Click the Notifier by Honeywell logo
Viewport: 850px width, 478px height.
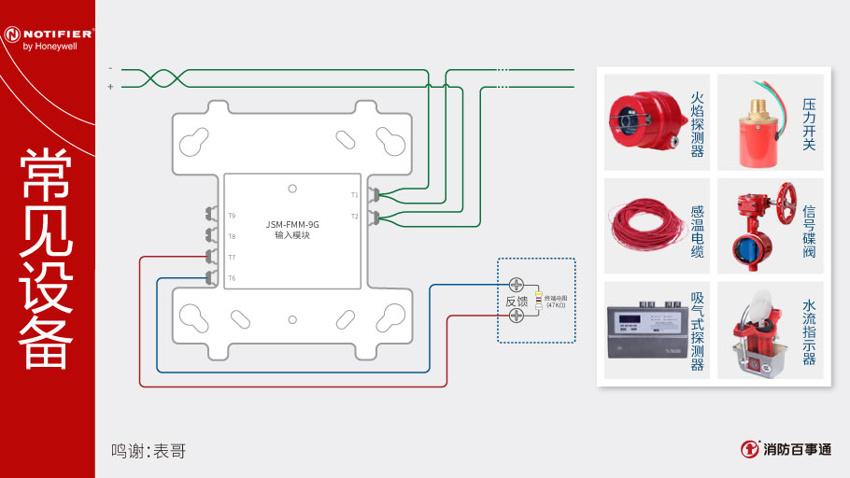[48, 36]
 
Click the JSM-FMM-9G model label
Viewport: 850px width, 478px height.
[291, 225]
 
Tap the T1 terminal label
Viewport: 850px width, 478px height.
[354, 195]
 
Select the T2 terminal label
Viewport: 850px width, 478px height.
[354, 217]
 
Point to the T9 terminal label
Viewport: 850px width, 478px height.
[232, 216]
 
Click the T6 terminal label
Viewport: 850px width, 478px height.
[232, 278]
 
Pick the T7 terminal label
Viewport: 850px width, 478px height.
[232, 257]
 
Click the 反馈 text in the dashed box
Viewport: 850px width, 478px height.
[517, 302]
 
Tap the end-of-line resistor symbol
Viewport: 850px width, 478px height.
[540, 301]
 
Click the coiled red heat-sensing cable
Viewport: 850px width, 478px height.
[640, 225]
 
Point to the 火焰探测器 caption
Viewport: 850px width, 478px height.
[697, 123]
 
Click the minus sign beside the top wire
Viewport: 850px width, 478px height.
[110, 68]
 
